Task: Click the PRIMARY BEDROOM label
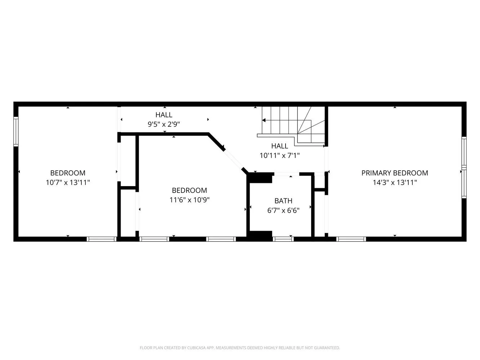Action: point(395,173)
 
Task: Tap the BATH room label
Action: point(283,201)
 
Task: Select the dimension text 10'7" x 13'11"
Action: point(68,182)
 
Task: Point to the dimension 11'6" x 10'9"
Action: point(189,200)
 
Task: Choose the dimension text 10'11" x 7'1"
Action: point(279,156)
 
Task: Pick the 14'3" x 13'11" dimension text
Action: point(395,182)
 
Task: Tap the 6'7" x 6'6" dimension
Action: point(283,210)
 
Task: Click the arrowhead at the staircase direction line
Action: point(264,120)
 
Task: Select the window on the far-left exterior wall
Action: point(16,132)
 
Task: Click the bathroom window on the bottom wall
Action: point(283,239)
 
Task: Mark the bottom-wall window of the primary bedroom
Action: point(351,239)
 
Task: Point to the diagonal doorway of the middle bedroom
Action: point(233,159)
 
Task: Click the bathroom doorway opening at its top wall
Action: point(287,174)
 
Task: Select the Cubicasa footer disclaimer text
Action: point(240,347)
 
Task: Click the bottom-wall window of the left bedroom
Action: point(102,239)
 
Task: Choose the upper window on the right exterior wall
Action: point(464,151)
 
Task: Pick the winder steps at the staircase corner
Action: point(311,127)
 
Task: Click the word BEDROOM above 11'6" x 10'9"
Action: point(189,190)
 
